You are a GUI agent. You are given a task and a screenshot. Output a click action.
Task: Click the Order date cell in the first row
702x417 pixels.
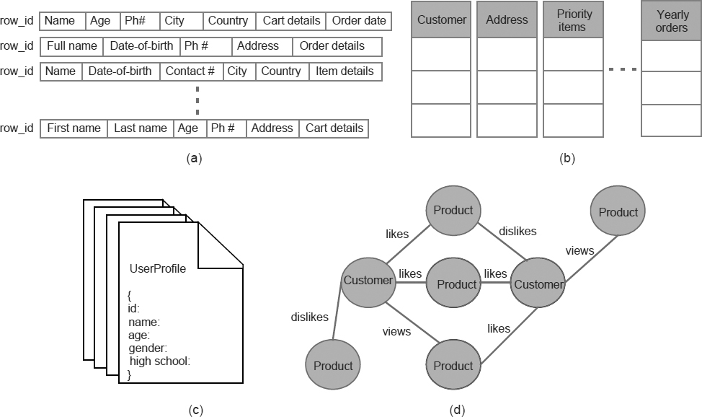point(359,21)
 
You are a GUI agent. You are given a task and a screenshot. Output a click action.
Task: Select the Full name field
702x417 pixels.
point(72,46)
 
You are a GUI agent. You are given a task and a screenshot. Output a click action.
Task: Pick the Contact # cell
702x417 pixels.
point(190,71)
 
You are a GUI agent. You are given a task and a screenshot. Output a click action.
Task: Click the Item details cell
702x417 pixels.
point(345,71)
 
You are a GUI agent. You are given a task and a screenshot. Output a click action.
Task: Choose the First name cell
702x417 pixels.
point(74,128)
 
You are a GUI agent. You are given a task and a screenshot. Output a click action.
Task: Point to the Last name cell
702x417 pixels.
point(141,128)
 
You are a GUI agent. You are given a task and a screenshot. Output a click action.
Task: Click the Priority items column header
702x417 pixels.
point(574,20)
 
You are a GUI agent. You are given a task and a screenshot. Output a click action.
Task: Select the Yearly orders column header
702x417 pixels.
point(672,20)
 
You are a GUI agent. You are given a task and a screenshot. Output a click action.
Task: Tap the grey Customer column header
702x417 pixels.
point(441,20)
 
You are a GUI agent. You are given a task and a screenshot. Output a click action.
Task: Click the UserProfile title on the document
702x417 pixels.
point(157,269)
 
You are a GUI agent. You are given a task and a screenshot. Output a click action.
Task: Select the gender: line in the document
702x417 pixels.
point(148,348)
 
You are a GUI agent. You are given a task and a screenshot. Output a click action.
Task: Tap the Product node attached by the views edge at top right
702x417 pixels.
point(618,212)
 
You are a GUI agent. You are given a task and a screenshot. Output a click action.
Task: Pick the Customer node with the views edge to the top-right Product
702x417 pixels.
point(538,284)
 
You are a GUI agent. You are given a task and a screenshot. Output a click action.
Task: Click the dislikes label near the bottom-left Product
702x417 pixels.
point(310,317)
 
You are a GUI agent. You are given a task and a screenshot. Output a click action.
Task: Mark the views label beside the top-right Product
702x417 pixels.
point(579,251)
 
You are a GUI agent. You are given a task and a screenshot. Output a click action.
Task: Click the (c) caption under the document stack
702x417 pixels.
point(195,411)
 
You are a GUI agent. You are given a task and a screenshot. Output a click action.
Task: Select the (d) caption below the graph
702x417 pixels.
point(457,411)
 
